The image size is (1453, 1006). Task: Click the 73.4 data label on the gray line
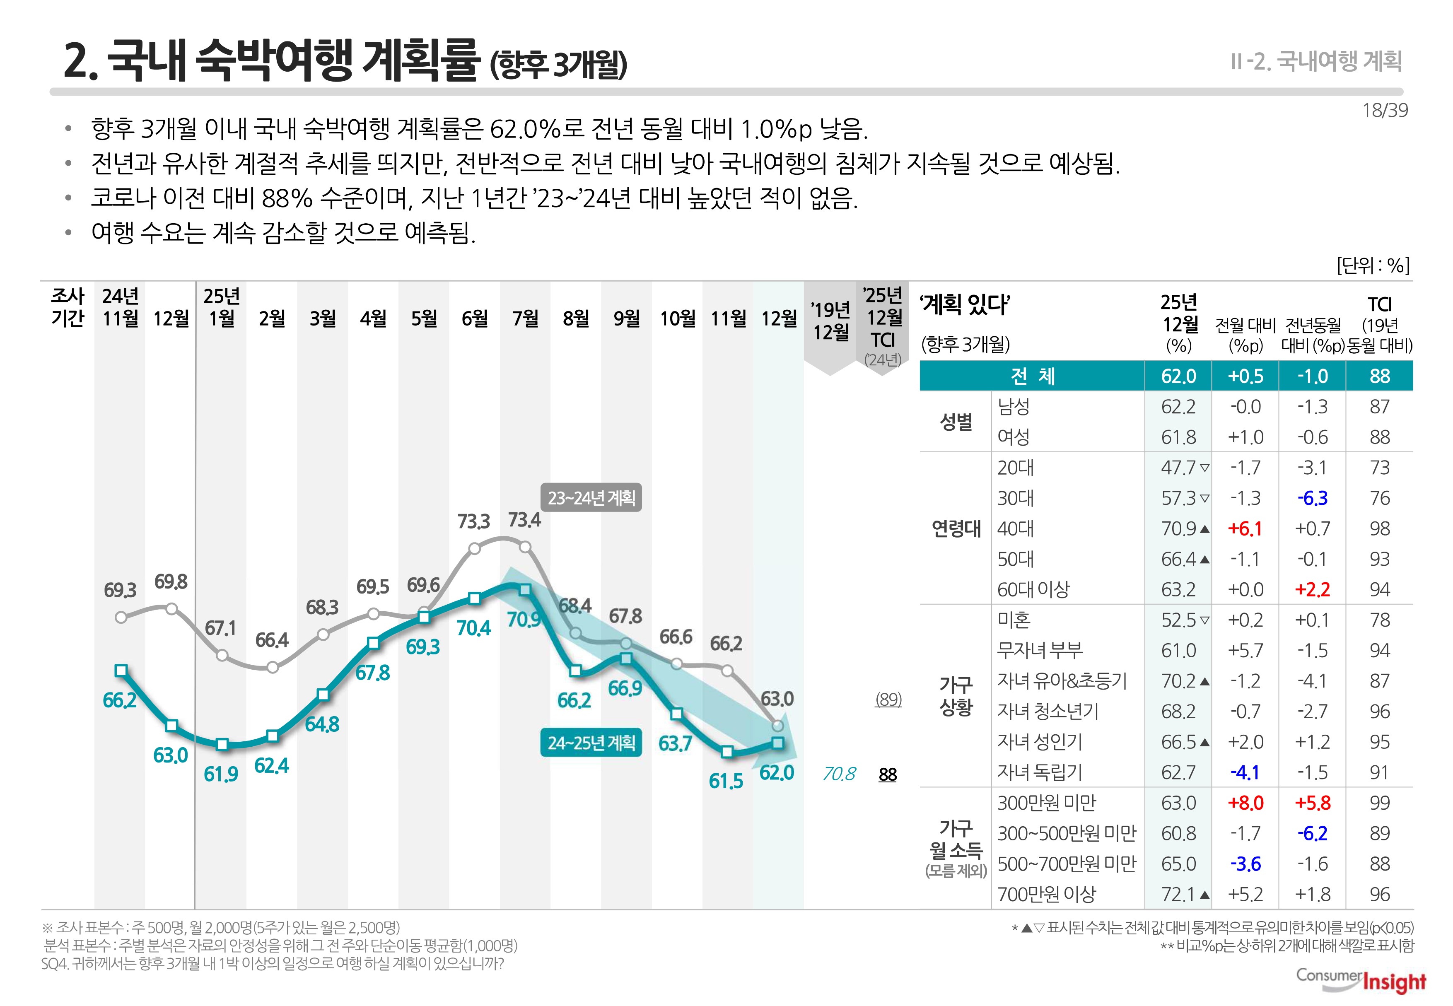[524, 520]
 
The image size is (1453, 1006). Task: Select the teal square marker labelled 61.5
[727, 751]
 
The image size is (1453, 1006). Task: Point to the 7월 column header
[525, 318]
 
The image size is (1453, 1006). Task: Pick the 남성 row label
[1013, 407]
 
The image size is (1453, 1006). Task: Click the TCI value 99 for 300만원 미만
[1379, 803]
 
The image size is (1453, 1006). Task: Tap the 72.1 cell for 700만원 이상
[1178, 895]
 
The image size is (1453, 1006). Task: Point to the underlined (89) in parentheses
[888, 699]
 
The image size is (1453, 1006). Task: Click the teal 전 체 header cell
[1032, 376]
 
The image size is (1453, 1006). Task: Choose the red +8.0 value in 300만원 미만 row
[1245, 803]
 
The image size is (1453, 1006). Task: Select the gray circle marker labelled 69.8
[171, 609]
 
